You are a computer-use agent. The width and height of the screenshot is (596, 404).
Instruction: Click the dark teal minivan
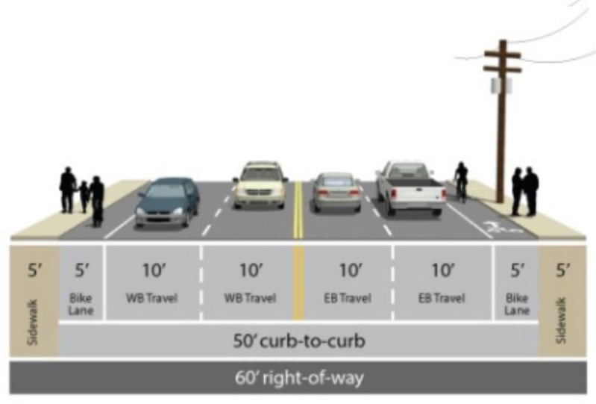(167, 202)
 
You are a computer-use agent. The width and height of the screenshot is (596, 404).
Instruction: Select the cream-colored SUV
(260, 185)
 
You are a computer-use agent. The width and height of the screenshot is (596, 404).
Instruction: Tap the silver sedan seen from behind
(336, 192)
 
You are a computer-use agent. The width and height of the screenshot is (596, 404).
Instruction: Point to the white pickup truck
(410, 189)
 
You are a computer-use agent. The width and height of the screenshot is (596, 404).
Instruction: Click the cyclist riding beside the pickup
(462, 182)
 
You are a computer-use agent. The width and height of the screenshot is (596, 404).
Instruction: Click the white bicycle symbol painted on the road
(499, 227)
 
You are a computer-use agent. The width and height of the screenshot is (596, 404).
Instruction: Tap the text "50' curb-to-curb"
(299, 341)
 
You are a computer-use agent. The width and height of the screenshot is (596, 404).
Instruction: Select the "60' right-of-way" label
(299, 378)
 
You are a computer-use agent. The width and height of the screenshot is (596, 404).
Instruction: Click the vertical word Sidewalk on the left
(33, 322)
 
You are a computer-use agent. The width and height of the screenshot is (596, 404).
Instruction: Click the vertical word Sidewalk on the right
(562, 320)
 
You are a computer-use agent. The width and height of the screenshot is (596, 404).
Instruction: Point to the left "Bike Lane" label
(81, 304)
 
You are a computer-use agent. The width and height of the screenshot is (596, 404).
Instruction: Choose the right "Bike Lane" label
(517, 304)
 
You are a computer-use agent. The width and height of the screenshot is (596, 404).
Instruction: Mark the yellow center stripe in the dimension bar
(299, 282)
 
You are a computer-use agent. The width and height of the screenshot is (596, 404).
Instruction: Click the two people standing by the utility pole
(524, 191)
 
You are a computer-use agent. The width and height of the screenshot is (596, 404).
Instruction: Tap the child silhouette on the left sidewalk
(84, 196)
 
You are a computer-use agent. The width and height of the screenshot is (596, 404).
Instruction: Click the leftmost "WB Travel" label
(151, 297)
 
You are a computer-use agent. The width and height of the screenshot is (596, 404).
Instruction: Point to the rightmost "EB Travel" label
(442, 297)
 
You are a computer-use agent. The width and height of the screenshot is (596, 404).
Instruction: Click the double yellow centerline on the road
(298, 210)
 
